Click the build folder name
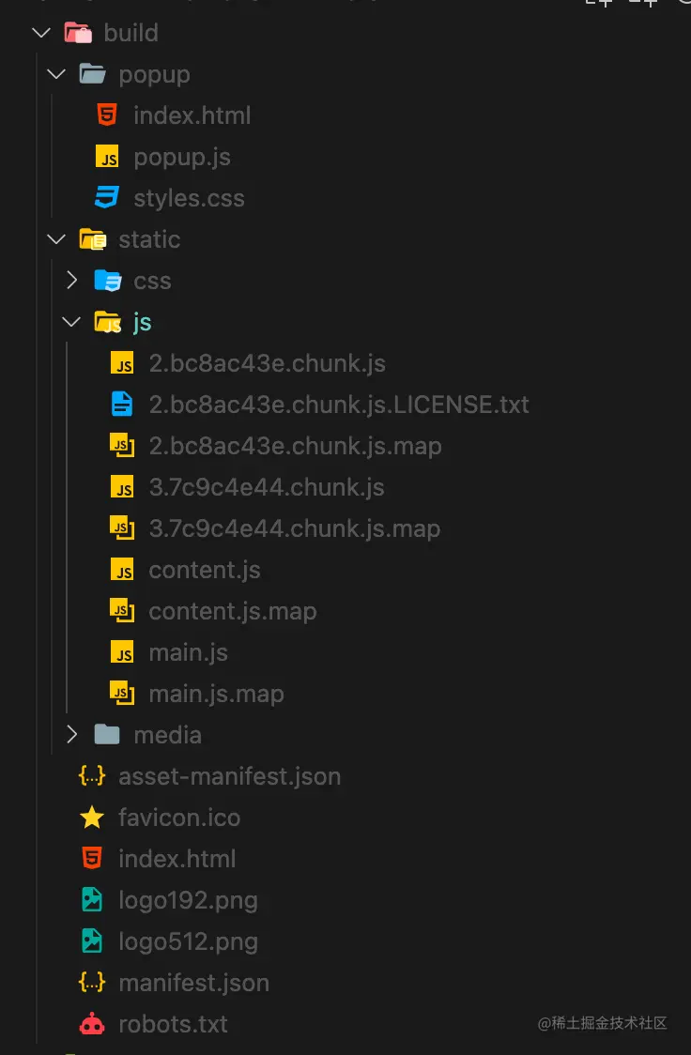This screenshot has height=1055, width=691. (x=131, y=33)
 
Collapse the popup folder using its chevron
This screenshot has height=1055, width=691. (x=56, y=74)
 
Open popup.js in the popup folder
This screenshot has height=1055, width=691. (x=181, y=157)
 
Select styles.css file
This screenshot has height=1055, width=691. (x=189, y=198)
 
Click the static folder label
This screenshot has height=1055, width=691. (x=149, y=239)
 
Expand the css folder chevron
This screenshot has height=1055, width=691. (x=71, y=281)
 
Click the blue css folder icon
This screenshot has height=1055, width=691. (x=108, y=281)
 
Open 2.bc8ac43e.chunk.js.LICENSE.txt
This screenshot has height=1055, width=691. (x=338, y=405)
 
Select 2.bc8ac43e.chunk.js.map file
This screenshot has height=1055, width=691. (x=295, y=446)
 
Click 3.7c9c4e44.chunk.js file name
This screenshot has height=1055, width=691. (x=267, y=487)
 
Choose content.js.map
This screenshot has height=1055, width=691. (x=232, y=611)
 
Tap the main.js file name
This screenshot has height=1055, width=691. (x=188, y=652)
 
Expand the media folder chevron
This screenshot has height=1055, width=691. (x=71, y=735)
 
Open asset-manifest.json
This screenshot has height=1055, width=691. (x=229, y=776)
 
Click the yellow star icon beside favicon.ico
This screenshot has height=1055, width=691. (x=92, y=818)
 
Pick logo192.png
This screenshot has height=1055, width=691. (x=188, y=900)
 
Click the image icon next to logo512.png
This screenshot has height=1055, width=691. (x=92, y=941)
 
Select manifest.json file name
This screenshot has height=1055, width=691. (x=193, y=983)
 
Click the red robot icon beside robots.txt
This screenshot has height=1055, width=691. (x=92, y=1024)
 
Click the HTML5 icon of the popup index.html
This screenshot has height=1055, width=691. (x=107, y=115)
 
